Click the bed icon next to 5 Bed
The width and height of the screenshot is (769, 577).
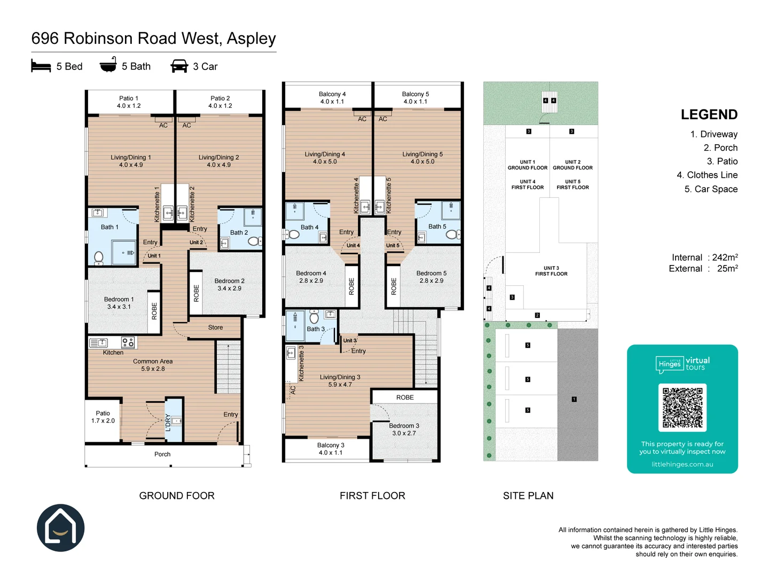tap(41, 66)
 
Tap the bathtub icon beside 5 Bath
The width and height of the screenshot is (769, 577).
tap(108, 65)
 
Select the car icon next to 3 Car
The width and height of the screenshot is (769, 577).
tap(179, 66)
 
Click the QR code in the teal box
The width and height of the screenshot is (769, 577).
tap(682, 408)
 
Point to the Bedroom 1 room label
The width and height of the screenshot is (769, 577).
tap(119, 299)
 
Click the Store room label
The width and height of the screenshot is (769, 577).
tap(215, 328)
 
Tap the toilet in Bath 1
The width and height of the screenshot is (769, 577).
tap(99, 258)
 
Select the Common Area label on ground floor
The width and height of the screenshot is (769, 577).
tap(153, 362)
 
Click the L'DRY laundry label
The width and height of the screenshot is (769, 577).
tap(168, 422)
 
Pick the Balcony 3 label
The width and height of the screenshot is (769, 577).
tap(331, 445)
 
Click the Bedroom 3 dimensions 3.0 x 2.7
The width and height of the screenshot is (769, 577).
tap(404, 433)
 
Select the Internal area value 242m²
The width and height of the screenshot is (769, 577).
tap(725, 258)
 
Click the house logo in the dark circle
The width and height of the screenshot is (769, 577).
tap(61, 528)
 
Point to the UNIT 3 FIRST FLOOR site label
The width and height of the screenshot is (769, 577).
tap(551, 271)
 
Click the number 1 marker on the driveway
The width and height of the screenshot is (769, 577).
tap(574, 399)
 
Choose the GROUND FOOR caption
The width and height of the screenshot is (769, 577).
tap(177, 496)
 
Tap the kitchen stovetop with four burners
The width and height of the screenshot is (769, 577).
tap(128, 342)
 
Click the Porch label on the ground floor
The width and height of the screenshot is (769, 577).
tap(162, 454)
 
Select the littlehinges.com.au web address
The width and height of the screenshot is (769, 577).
tap(682, 464)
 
